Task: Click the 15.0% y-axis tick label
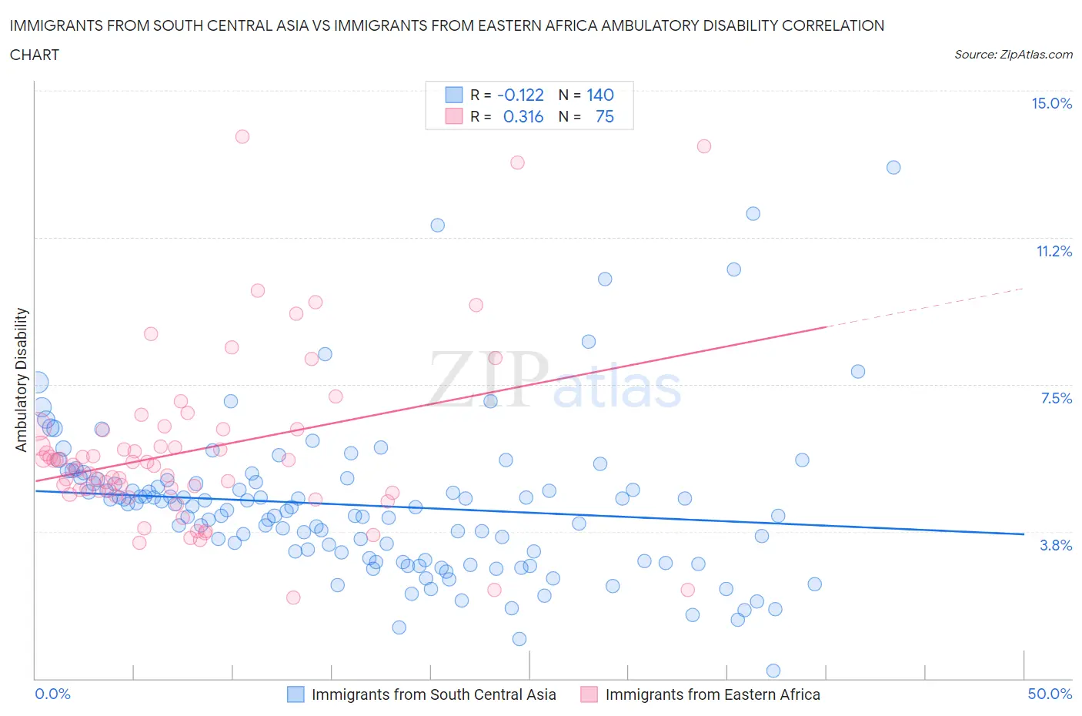coord(1051,103)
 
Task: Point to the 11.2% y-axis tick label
coord(1054,251)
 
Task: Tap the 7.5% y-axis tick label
coord(1056,398)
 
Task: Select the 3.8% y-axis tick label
coord(1056,545)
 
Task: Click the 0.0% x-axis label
coord(52,694)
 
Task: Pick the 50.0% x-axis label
coord(1050,694)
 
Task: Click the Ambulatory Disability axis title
coord(22,380)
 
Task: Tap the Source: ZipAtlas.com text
coord(1013,55)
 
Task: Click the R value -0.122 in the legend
coord(520,95)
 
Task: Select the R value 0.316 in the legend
coord(523,116)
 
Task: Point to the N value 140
coord(600,95)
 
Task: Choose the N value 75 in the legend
coord(605,116)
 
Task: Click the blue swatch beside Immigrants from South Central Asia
coord(296,694)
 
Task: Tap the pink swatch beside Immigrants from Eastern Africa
coord(589,694)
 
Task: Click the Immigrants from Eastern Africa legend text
coord(713,694)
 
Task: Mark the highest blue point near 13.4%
coord(893,167)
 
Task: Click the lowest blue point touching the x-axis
coord(773,671)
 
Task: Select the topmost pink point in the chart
coord(242,136)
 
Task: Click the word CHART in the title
coord(35,55)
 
